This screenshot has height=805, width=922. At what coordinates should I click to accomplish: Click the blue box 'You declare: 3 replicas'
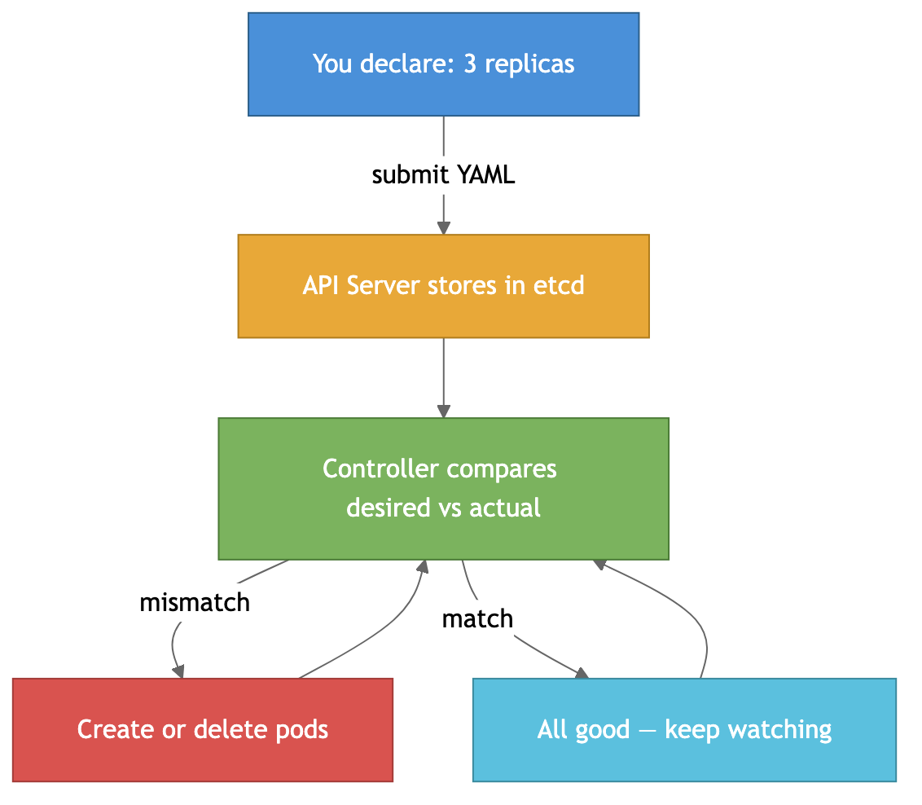coord(443,64)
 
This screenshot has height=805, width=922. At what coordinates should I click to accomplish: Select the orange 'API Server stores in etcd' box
coord(443,286)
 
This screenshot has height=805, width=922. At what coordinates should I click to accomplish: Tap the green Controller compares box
coord(443,489)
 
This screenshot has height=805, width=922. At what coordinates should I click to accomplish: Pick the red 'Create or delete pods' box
coord(202,729)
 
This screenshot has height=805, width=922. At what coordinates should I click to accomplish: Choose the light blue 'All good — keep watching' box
coord(684,729)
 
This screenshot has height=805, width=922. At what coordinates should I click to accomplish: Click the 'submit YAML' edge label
coord(443,175)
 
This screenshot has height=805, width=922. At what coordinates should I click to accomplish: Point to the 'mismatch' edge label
coord(195,603)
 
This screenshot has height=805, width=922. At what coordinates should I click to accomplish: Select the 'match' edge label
coord(477,619)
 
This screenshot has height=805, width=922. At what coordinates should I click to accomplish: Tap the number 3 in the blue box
coord(470,64)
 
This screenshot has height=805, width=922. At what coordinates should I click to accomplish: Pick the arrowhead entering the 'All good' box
coord(582,673)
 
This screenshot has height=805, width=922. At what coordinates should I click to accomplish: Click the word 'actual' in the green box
coord(509,508)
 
